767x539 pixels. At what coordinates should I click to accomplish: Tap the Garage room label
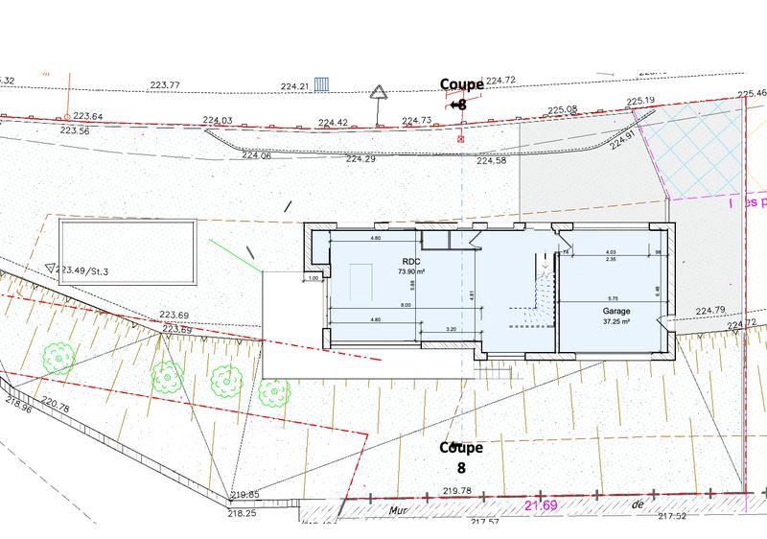[x=616, y=312]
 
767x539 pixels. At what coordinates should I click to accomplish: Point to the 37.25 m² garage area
[x=616, y=322]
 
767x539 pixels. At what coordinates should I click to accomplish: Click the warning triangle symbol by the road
[x=381, y=92]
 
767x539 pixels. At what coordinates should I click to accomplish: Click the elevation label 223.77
[x=165, y=85]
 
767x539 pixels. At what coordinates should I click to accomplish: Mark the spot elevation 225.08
[x=563, y=110]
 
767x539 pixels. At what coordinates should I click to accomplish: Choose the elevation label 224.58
[x=492, y=160]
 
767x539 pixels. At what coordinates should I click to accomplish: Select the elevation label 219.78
[x=458, y=490]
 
